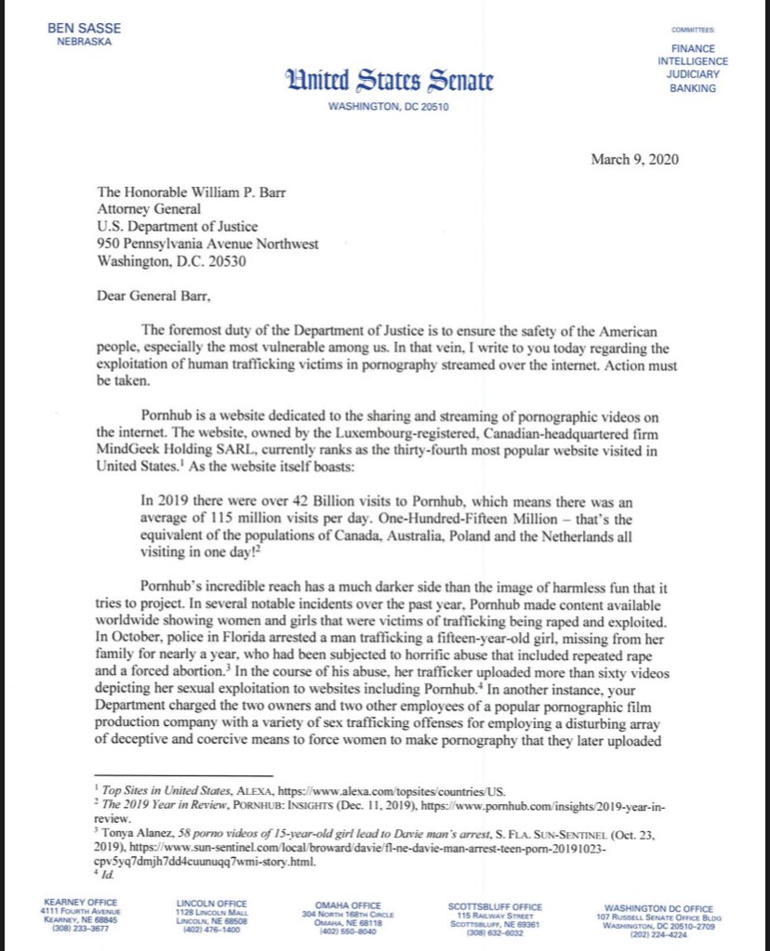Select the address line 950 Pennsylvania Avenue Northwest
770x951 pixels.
[x=207, y=244]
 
